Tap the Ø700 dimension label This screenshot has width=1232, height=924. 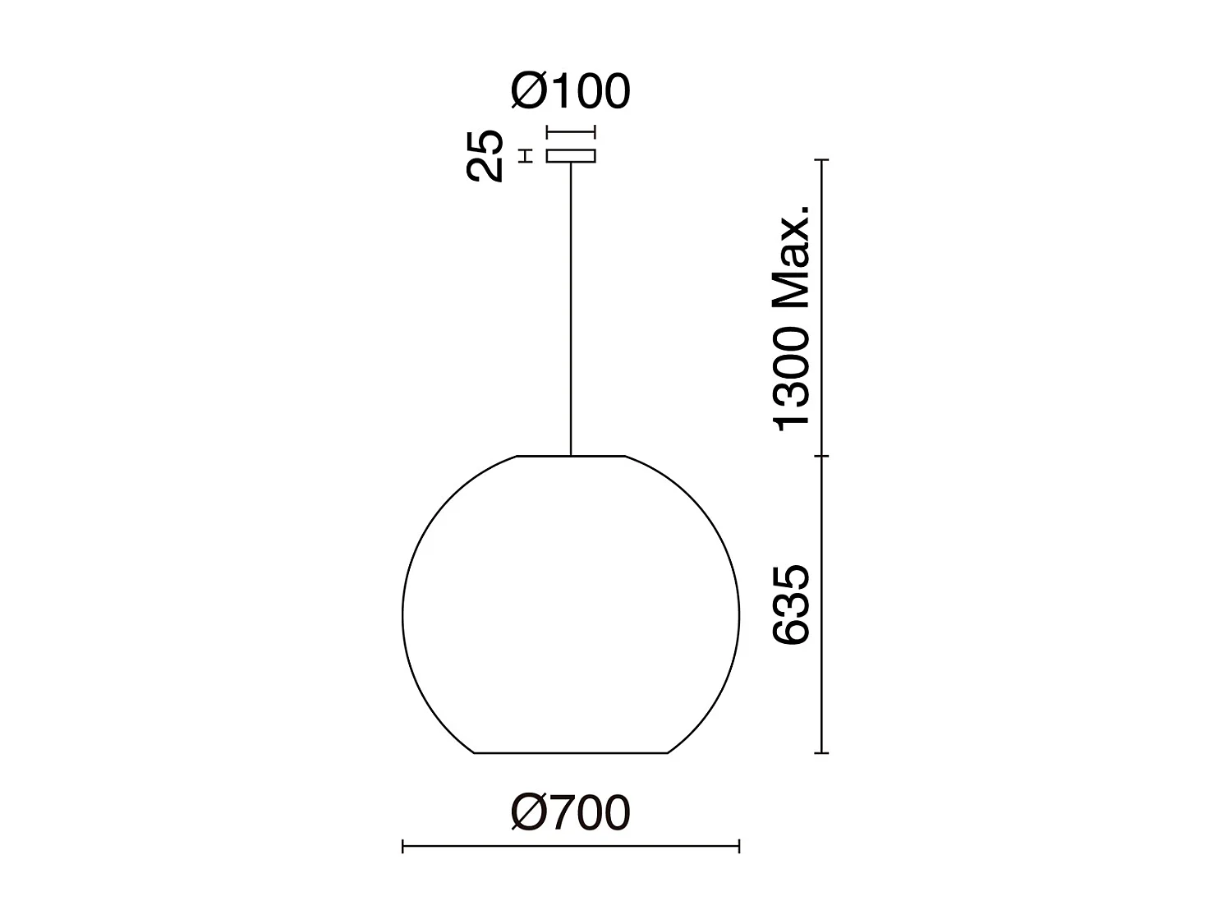[x=571, y=813]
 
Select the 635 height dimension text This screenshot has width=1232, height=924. [x=792, y=604]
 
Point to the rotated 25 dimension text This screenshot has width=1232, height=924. [x=485, y=155]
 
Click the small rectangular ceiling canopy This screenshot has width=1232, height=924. [x=571, y=155]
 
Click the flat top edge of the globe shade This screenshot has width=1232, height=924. [x=571, y=455]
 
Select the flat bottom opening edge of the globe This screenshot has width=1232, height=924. [x=571, y=752]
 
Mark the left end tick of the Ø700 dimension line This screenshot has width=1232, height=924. [x=402, y=846]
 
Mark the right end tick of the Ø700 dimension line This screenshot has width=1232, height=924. [x=739, y=846]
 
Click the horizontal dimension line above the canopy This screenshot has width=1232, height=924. [x=571, y=131]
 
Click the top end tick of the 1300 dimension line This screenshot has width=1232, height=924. [x=823, y=160]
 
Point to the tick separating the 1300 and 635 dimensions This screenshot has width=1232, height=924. [x=823, y=455]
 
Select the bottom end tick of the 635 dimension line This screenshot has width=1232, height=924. [x=823, y=752]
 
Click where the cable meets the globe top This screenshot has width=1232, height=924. [x=571, y=454]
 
